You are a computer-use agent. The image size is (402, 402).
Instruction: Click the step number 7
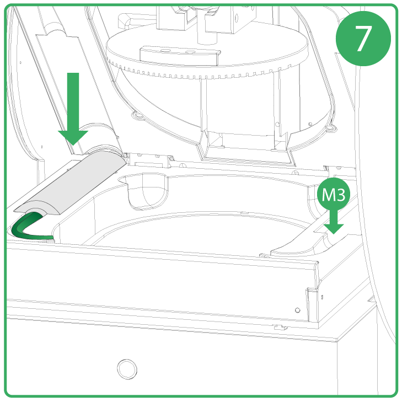(363, 39)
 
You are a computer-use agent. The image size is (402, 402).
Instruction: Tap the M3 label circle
(333, 194)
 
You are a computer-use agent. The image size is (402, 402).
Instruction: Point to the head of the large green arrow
(73, 138)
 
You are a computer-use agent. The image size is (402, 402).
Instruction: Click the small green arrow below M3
(334, 221)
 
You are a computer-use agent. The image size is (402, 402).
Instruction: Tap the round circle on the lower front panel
(127, 369)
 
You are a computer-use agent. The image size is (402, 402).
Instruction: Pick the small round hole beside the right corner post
(297, 310)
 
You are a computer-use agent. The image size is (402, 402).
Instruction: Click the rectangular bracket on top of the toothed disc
(179, 55)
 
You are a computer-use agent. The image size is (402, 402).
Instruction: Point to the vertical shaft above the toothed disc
(207, 28)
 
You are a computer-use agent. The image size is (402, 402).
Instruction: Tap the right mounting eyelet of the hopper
(331, 128)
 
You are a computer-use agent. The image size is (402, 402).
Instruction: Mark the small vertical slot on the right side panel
(322, 297)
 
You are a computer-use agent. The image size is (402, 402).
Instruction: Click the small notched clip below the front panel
(281, 328)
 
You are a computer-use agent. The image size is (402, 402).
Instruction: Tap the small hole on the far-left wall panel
(20, 62)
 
